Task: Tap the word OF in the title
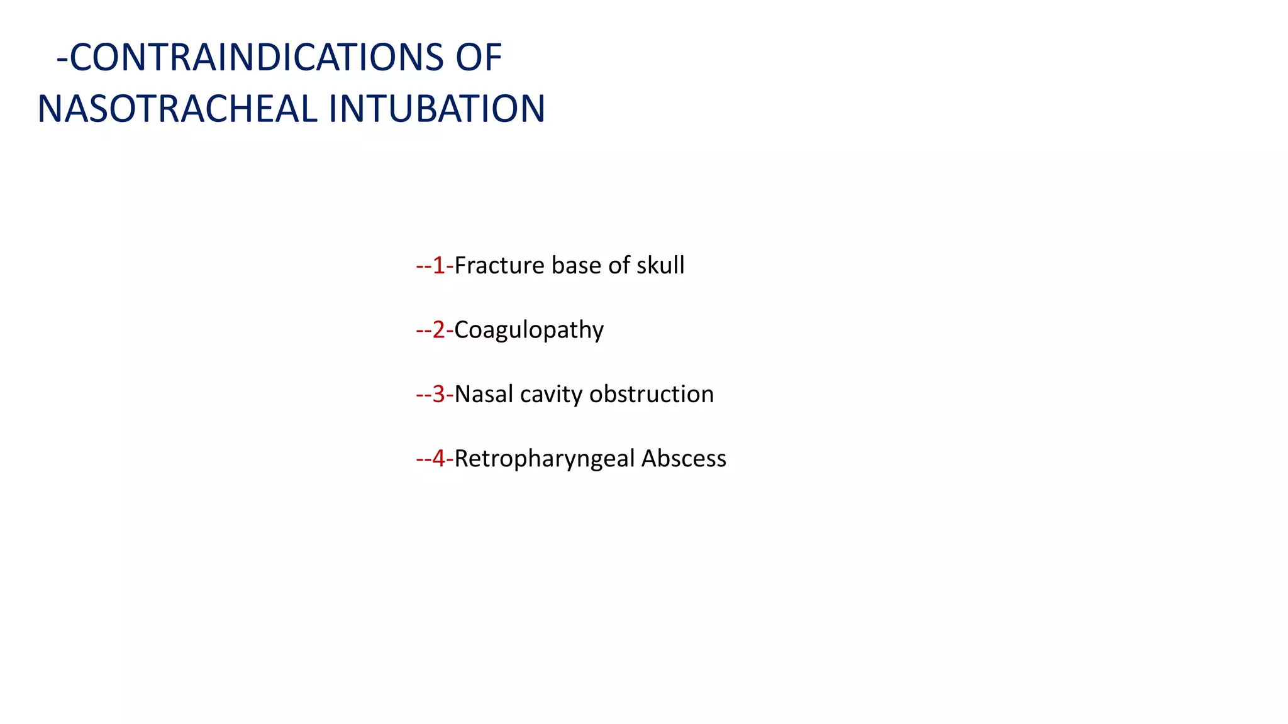point(479,58)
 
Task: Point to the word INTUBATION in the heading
point(436,109)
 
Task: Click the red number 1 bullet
point(438,266)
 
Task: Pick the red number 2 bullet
point(438,330)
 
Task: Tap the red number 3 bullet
point(438,395)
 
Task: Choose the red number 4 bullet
point(438,459)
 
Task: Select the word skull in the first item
point(660,266)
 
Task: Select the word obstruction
point(652,395)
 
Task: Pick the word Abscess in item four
point(684,459)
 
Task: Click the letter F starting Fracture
point(460,266)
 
